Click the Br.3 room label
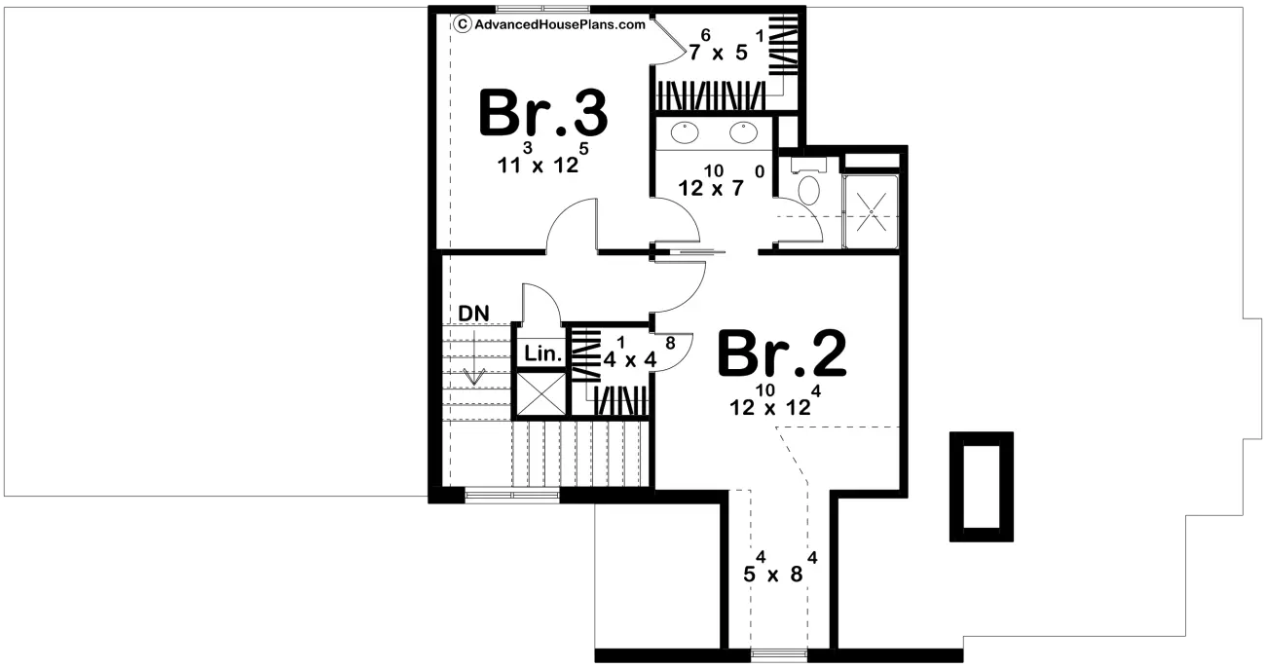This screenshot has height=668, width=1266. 542,115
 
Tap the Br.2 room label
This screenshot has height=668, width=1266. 781,355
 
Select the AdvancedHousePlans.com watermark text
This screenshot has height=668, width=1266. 559,25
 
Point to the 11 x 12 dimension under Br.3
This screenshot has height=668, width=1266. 543,162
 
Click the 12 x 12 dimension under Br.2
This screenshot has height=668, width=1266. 773,404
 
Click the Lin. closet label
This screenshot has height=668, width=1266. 542,354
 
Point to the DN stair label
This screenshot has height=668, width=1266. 474,314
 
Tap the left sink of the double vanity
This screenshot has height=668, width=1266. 686,130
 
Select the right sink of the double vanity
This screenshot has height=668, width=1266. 744,130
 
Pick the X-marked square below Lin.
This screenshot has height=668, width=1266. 540,393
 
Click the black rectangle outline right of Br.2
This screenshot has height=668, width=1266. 982,486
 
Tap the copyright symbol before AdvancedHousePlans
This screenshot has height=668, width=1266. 463,25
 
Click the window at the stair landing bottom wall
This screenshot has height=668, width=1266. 513,496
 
